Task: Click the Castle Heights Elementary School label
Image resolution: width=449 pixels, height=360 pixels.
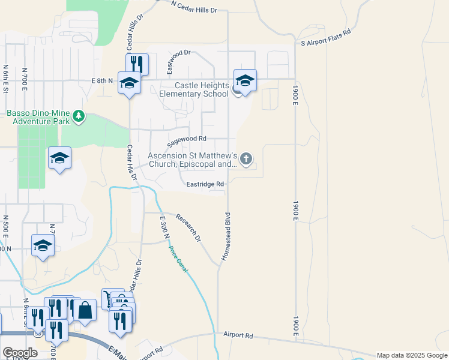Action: click(193, 90)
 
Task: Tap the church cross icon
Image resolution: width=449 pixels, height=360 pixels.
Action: click(246, 159)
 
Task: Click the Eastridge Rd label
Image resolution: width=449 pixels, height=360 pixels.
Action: click(205, 184)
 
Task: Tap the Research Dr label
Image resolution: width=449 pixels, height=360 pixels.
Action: click(188, 226)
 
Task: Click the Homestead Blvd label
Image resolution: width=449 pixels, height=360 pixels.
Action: click(226, 235)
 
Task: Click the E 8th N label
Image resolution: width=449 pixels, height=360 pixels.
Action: click(102, 80)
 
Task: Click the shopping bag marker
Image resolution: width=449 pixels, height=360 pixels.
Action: click(85, 311)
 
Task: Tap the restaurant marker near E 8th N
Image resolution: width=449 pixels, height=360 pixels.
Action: click(137, 64)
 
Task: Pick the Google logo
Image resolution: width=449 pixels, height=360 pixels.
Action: click(19, 353)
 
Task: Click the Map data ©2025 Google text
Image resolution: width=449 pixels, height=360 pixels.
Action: click(412, 355)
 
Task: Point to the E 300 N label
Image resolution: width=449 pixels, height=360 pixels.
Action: click(163, 229)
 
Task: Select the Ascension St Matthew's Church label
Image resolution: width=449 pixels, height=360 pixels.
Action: click(192, 160)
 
